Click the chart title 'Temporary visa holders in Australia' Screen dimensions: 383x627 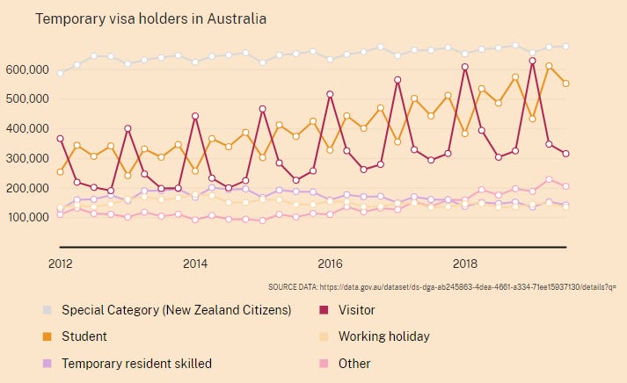pos(150,18)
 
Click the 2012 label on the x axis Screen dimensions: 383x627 pos(60,263)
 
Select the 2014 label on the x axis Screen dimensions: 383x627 pos(195,263)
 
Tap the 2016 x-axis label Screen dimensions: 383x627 pos(330,263)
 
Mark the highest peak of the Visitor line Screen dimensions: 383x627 pos(532,61)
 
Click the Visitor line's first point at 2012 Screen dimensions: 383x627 pos(60,139)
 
